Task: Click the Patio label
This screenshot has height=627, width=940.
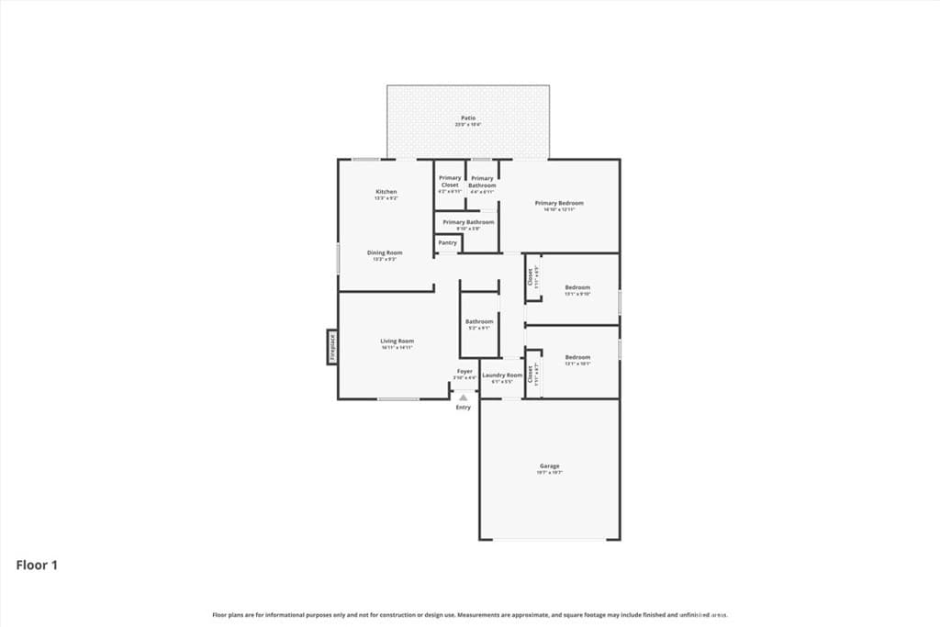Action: pyautogui.click(x=468, y=118)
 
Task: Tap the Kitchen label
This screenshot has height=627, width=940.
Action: pyautogui.click(x=386, y=192)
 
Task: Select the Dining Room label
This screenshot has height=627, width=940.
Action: pyautogui.click(x=386, y=252)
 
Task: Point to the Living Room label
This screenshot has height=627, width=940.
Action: pyautogui.click(x=397, y=341)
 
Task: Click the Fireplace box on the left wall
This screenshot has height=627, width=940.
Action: pyautogui.click(x=331, y=347)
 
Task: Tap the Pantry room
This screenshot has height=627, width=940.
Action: pyautogui.click(x=448, y=243)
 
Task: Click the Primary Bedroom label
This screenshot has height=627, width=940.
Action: pyautogui.click(x=559, y=203)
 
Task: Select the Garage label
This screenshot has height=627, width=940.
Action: pyautogui.click(x=549, y=466)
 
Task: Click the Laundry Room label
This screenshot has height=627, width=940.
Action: pyautogui.click(x=502, y=375)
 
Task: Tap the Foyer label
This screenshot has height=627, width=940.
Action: pyautogui.click(x=465, y=372)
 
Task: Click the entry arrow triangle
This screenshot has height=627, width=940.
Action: pyautogui.click(x=464, y=397)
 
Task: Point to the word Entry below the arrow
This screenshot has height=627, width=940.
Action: pyautogui.click(x=464, y=408)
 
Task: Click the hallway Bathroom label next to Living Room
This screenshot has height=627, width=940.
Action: pyautogui.click(x=479, y=321)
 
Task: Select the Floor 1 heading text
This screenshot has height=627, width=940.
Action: pyautogui.click(x=37, y=565)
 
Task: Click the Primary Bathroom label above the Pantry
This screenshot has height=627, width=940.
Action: pyautogui.click(x=468, y=222)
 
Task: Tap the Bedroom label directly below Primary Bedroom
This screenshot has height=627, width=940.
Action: pyautogui.click(x=577, y=287)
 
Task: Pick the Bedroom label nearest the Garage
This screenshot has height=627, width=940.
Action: pyautogui.click(x=577, y=357)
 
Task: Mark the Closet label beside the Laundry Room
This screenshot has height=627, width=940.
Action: pyautogui.click(x=531, y=377)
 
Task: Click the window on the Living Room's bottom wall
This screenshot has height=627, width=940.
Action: pyautogui.click(x=398, y=398)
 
